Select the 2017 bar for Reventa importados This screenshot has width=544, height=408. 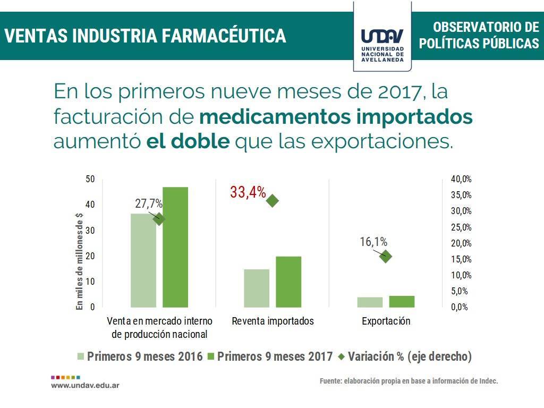click(288, 282)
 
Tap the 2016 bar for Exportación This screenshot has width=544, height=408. click(370, 302)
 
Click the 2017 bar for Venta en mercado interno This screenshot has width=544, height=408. click(175, 247)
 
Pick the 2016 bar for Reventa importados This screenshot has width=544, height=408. click(257, 288)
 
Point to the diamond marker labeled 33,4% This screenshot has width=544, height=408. click(273, 200)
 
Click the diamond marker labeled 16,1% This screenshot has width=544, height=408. click(386, 257)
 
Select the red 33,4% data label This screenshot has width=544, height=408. click(248, 193)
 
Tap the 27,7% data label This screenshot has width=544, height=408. click(149, 203)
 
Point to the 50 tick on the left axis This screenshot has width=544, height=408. click(90, 179)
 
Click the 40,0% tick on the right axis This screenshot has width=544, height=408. click(461, 179)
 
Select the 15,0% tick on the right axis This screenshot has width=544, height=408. click(461, 259)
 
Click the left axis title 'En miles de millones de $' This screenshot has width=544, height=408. click(80, 260)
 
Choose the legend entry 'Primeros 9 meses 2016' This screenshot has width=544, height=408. click(140, 356)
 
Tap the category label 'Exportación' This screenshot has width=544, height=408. click(386, 321)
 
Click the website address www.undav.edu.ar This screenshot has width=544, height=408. click(85, 385)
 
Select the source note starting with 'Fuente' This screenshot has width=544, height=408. click(409, 381)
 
